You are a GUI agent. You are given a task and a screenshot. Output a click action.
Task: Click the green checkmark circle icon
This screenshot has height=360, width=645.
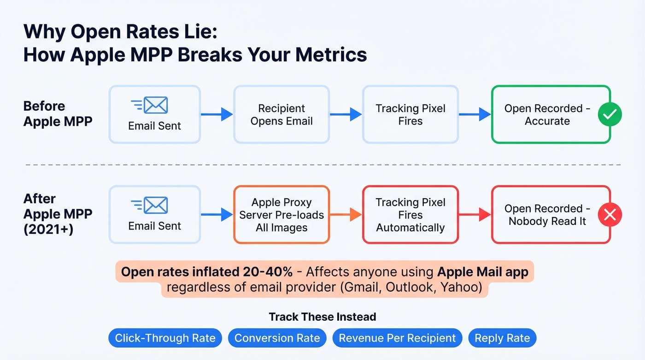click(610, 115)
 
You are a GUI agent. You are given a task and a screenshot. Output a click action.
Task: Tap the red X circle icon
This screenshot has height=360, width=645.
click(610, 215)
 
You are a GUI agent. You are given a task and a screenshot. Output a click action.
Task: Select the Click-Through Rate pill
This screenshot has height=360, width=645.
click(165, 338)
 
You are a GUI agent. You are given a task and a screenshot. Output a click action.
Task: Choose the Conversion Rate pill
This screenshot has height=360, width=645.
click(277, 338)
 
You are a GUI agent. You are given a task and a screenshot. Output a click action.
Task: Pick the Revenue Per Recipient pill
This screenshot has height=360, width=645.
click(397, 338)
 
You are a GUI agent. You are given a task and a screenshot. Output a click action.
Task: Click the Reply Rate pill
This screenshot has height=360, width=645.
click(502, 338)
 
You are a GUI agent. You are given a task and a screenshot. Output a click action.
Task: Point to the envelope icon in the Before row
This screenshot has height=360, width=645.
click(155, 106)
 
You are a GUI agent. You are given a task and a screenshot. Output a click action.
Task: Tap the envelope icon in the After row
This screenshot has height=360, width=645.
click(155, 206)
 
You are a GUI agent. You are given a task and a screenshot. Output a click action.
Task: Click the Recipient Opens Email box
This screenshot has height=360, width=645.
click(281, 115)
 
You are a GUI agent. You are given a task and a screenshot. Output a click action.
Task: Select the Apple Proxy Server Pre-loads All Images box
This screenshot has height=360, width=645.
click(281, 215)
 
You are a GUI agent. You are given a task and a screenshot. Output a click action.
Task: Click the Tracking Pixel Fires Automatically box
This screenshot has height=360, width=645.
click(410, 215)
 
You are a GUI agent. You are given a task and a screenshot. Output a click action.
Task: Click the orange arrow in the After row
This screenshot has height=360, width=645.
click(346, 215)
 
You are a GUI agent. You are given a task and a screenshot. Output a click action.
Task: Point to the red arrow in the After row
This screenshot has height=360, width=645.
click(475, 215)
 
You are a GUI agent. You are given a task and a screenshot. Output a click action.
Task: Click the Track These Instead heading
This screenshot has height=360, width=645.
click(322, 317)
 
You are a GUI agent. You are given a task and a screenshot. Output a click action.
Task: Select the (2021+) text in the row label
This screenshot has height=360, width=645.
click(48, 229)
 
